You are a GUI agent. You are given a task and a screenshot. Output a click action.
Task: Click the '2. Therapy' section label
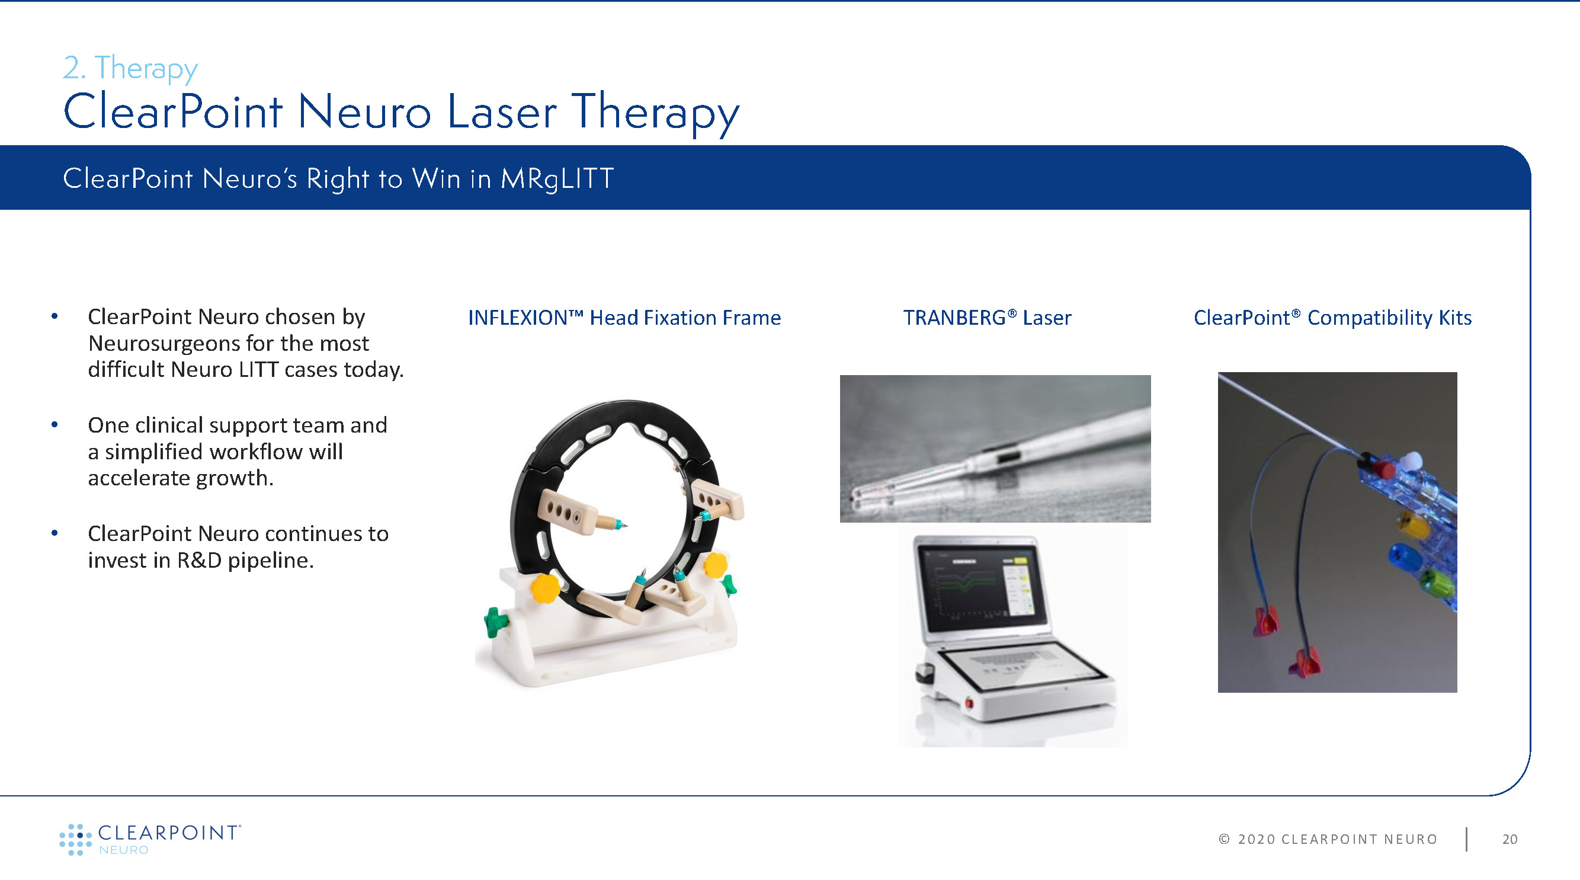pos(130,68)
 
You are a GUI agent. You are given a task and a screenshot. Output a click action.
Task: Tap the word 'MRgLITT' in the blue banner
pos(556,179)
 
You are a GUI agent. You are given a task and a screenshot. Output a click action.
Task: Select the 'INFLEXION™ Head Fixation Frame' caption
pos(624,318)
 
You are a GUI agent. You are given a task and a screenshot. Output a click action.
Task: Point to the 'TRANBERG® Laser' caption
pos(987,318)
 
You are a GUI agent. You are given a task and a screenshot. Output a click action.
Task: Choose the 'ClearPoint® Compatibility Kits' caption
pos(1332,318)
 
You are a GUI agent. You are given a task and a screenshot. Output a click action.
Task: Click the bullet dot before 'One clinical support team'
pos(55,424)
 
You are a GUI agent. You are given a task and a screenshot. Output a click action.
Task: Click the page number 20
pos(1510,839)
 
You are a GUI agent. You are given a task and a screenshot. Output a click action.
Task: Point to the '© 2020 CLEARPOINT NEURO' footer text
pos(1328,839)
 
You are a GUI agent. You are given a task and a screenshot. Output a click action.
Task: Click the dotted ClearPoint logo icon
pos(75,839)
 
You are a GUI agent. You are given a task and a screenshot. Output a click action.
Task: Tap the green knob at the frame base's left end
pos(495,622)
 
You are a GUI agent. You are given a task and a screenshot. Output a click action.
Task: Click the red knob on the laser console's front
pos(970,703)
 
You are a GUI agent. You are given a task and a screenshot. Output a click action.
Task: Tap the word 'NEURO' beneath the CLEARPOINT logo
pos(124,850)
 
